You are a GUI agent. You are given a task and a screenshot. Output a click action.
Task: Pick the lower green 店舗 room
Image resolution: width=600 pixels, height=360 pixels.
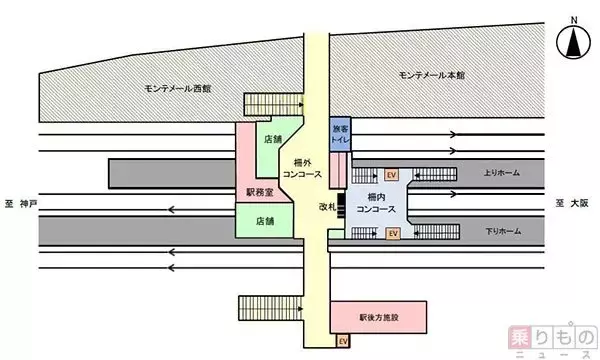(x=264, y=220)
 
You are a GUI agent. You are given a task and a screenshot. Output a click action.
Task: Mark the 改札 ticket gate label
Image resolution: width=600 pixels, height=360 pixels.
(x=326, y=207)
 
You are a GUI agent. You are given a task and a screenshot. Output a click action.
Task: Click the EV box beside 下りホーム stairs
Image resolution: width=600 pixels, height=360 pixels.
(x=392, y=233)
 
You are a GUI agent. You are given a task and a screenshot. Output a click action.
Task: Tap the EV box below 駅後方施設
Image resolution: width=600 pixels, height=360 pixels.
(x=343, y=341)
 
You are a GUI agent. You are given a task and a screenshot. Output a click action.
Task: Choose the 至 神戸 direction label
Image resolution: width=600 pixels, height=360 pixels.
(x=18, y=203)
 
